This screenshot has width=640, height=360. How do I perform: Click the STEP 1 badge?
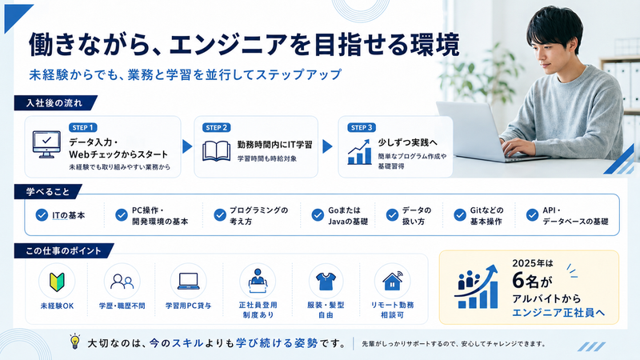point(83,128)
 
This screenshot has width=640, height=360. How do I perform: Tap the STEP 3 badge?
point(362,128)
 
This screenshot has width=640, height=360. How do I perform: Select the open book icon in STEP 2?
point(216,151)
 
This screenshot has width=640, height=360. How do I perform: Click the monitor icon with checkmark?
point(46,145)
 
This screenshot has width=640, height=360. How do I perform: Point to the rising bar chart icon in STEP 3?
point(359,152)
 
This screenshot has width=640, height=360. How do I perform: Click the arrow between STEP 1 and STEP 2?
point(187,146)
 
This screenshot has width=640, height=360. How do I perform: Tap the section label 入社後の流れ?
point(54,103)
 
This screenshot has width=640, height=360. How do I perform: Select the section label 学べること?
point(48,192)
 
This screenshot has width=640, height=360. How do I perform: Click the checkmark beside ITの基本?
point(42,215)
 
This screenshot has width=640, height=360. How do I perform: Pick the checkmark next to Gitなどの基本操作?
point(459,214)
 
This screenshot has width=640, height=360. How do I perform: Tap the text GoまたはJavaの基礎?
point(348,216)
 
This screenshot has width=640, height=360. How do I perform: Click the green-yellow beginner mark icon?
point(57,282)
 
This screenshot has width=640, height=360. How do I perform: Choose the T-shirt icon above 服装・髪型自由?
point(326,282)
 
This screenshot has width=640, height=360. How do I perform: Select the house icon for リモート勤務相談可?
point(392,281)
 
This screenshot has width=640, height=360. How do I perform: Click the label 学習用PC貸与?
point(188,306)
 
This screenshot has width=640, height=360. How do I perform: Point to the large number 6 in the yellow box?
point(518,281)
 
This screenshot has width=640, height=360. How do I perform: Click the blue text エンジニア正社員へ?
point(558,313)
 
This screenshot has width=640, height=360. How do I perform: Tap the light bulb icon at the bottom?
point(74,342)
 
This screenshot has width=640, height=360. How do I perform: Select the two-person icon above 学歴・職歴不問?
point(122,282)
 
